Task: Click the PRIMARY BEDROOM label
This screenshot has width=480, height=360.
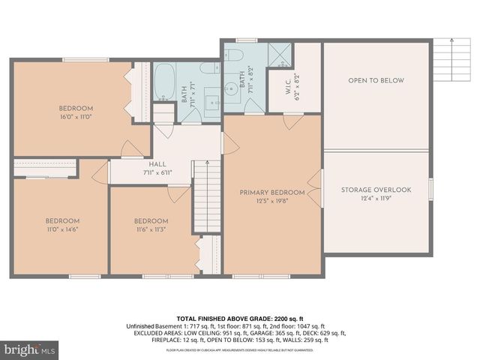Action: pyautogui.click(x=272, y=193)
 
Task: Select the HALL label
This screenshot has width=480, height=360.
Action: pyautogui.click(x=157, y=164)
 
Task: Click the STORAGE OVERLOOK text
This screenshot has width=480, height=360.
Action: pyautogui.click(x=376, y=190)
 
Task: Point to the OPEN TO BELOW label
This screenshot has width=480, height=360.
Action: pyautogui.click(x=376, y=80)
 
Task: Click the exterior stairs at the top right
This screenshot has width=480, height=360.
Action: pyautogui.click(x=449, y=52)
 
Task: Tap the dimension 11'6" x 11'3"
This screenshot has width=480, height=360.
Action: pyautogui.click(x=151, y=229)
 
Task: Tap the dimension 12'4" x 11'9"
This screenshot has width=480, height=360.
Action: pyautogui.click(x=376, y=199)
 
